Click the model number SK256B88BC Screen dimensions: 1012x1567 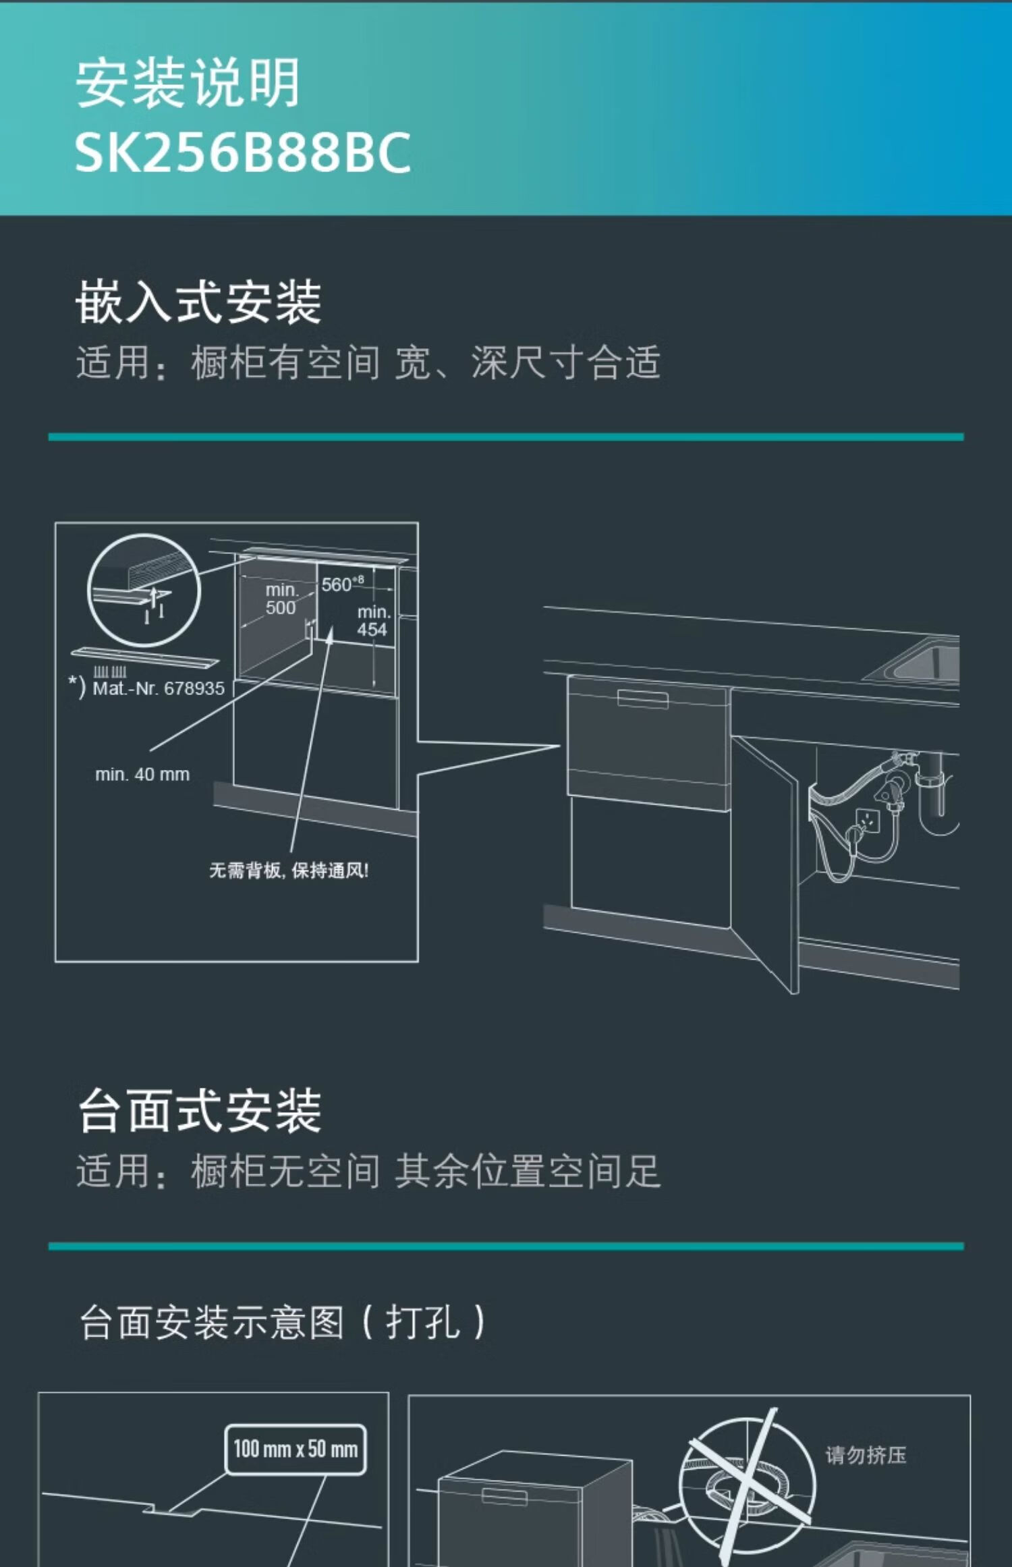[242, 153]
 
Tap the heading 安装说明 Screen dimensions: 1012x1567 [188, 83]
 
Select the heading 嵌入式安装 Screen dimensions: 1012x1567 [198, 302]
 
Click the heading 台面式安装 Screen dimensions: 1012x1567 [200, 1111]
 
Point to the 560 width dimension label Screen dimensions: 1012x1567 [341, 584]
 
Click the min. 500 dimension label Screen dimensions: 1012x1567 [281, 599]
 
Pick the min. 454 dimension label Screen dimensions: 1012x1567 [373, 621]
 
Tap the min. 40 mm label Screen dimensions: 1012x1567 [142, 774]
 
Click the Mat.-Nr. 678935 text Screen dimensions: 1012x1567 [158, 688]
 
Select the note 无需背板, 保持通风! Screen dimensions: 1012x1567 [289, 871]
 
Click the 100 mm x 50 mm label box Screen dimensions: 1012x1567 [296, 1449]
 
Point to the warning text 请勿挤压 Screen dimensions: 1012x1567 [866, 1456]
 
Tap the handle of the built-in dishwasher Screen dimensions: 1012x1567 [642, 699]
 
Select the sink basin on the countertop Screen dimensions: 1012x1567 [921, 661]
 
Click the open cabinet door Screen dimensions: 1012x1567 [766, 857]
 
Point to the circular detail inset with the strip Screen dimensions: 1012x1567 [144, 590]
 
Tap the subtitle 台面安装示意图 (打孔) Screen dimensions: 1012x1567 [282, 1322]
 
